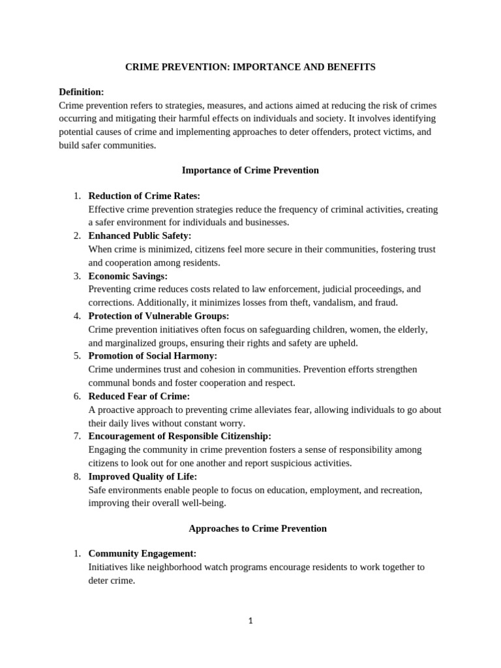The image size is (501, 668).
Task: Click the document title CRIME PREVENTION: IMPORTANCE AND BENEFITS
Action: (x=250, y=67)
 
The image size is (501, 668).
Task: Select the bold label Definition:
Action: (x=82, y=92)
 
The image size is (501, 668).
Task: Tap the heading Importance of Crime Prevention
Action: (x=250, y=170)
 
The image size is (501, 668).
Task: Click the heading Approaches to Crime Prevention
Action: (x=257, y=528)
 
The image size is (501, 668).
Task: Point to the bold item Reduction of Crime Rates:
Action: (x=144, y=196)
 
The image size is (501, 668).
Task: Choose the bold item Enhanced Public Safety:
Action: (x=140, y=235)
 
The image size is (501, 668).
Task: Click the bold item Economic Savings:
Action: (x=128, y=276)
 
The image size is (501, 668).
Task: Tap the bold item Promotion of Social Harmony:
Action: (x=153, y=356)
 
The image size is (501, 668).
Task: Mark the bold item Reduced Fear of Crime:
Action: (x=139, y=396)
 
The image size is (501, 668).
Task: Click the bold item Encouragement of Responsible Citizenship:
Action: (x=179, y=436)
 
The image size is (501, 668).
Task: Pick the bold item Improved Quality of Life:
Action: (x=142, y=476)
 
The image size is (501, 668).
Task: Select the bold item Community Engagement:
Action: (x=142, y=553)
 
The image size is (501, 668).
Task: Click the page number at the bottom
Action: (x=250, y=620)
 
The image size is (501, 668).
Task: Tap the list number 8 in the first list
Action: (x=77, y=476)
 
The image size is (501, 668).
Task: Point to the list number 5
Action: (x=77, y=356)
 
